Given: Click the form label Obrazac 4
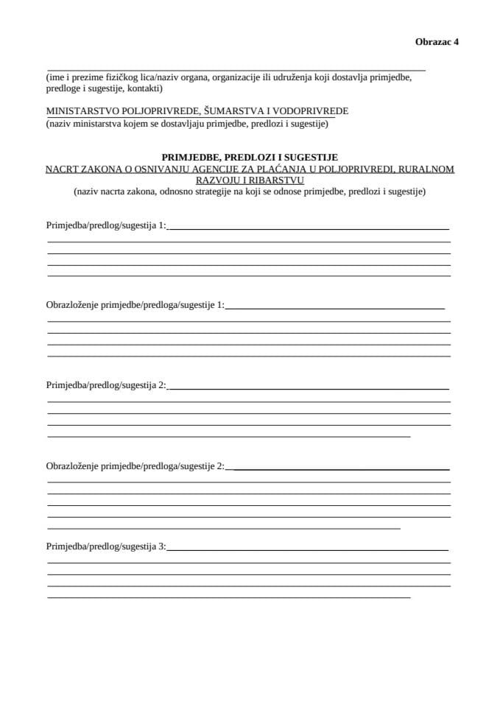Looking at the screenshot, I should click(437, 42).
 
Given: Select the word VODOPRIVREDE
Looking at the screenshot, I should click(310, 111).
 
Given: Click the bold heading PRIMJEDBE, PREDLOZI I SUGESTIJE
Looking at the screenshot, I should click(250, 157).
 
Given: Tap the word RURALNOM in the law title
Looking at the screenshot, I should click(427, 169).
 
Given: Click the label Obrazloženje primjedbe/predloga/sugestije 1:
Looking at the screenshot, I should click(135, 304).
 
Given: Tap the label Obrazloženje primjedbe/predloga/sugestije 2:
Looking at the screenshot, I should click(135, 465).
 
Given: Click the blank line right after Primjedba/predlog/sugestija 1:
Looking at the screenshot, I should click(309, 229).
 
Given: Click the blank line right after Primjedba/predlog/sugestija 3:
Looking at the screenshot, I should click(309, 550).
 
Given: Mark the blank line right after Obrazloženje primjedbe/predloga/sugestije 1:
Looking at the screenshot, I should click(335, 308).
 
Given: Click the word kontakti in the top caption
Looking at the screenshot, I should click(144, 88).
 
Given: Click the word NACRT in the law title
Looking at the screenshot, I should click(62, 169).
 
